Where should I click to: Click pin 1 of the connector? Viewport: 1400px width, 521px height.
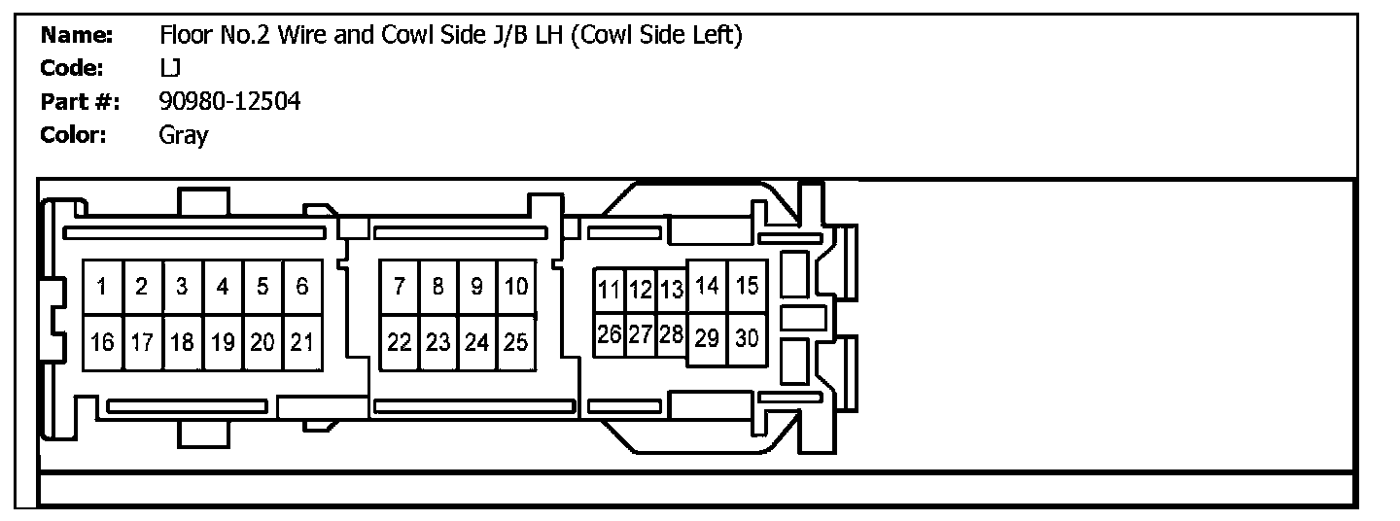click(x=102, y=287)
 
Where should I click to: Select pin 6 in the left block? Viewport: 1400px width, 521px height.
click(x=302, y=287)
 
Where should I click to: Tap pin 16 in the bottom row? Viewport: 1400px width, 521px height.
click(x=102, y=342)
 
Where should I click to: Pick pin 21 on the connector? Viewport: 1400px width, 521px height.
click(x=302, y=342)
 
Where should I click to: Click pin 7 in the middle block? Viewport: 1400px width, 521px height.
click(x=399, y=287)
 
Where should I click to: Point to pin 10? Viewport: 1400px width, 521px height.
click(x=516, y=287)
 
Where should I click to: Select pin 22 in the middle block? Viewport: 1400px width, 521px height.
click(x=399, y=342)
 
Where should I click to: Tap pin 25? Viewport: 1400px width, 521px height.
click(x=516, y=342)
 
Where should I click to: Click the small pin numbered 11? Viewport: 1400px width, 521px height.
click(x=609, y=290)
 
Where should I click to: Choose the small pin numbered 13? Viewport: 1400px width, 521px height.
click(x=672, y=290)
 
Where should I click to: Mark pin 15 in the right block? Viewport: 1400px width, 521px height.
click(x=747, y=286)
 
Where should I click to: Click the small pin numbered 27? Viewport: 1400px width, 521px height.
click(x=640, y=334)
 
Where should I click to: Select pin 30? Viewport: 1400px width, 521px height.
click(x=747, y=338)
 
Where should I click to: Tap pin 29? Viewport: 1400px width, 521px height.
click(x=708, y=338)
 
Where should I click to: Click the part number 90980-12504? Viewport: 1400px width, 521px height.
click(x=229, y=101)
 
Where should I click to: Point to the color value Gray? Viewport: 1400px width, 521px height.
click(x=183, y=135)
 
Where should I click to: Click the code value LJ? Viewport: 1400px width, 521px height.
click(x=170, y=69)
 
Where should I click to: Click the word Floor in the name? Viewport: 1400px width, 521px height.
click(x=185, y=36)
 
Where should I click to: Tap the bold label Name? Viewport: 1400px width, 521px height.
click(x=77, y=36)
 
